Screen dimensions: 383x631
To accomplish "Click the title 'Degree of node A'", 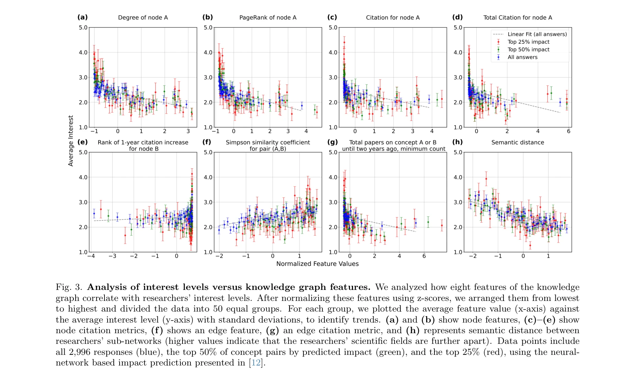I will coord(143,18).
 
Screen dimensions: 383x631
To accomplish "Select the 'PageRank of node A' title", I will coord(268,18).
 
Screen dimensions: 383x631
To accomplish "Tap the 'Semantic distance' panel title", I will coord(518,142).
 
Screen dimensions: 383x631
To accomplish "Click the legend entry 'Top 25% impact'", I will coord(528,42).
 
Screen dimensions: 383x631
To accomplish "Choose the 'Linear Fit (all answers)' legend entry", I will coord(537,34).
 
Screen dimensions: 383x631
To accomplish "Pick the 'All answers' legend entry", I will coord(522,57).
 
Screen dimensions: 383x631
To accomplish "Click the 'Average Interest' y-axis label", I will coord(71,141).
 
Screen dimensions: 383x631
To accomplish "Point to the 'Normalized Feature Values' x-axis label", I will coord(317,264).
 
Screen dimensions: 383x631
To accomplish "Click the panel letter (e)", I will coord(82,142).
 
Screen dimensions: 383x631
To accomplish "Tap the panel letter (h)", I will coord(457,142).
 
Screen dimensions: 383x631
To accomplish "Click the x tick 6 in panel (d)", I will coord(568,131).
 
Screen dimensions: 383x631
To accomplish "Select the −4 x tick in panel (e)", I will coord(91,256).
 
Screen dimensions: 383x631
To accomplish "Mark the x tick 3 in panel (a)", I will coord(188,131).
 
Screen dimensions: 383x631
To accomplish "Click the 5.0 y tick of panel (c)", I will coord(333,27).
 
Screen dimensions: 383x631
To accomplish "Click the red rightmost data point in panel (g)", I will coord(442,226).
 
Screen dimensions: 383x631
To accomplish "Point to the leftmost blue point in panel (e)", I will coord(94,214).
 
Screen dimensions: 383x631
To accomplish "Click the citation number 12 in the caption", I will coord(256,363).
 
